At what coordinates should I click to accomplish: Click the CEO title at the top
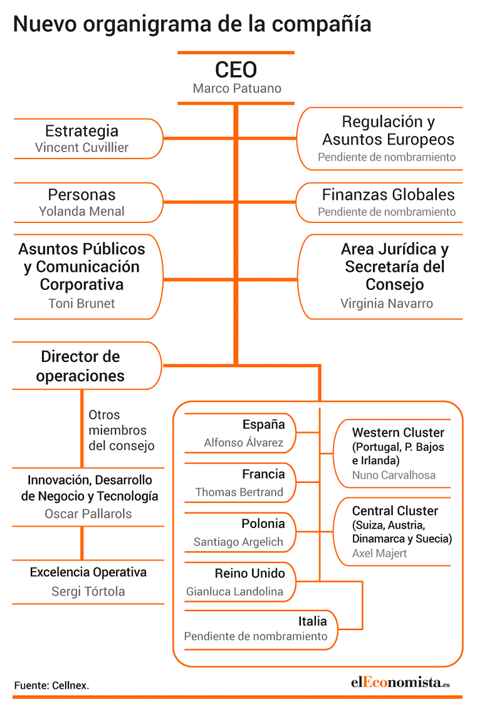pos(236,70)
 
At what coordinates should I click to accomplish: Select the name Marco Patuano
pos(237,88)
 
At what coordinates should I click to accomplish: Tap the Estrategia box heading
pos(81,131)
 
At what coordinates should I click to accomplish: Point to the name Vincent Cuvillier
pos(81,148)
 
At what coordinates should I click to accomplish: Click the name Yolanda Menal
pos(81,211)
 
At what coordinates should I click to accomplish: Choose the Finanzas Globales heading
pos(388,195)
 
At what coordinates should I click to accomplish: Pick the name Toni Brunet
pos(81,303)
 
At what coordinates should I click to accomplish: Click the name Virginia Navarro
pos(387,303)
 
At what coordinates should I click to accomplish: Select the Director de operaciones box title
pos(80,366)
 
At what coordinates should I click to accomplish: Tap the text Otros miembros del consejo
pos(121,430)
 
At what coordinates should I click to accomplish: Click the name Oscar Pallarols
pos(88,514)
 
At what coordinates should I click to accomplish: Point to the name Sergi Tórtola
pos(88,591)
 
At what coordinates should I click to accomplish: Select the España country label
pos(263,425)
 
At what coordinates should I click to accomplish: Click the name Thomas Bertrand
pos(239,492)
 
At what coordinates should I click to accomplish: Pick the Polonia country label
pos(263,524)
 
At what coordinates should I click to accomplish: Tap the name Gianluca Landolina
pos(234,591)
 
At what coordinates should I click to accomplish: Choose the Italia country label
pos(313,621)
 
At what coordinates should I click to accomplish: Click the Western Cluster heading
pos(398,433)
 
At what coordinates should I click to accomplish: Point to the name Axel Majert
pos(379,553)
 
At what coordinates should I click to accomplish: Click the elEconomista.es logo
pos(400,682)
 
